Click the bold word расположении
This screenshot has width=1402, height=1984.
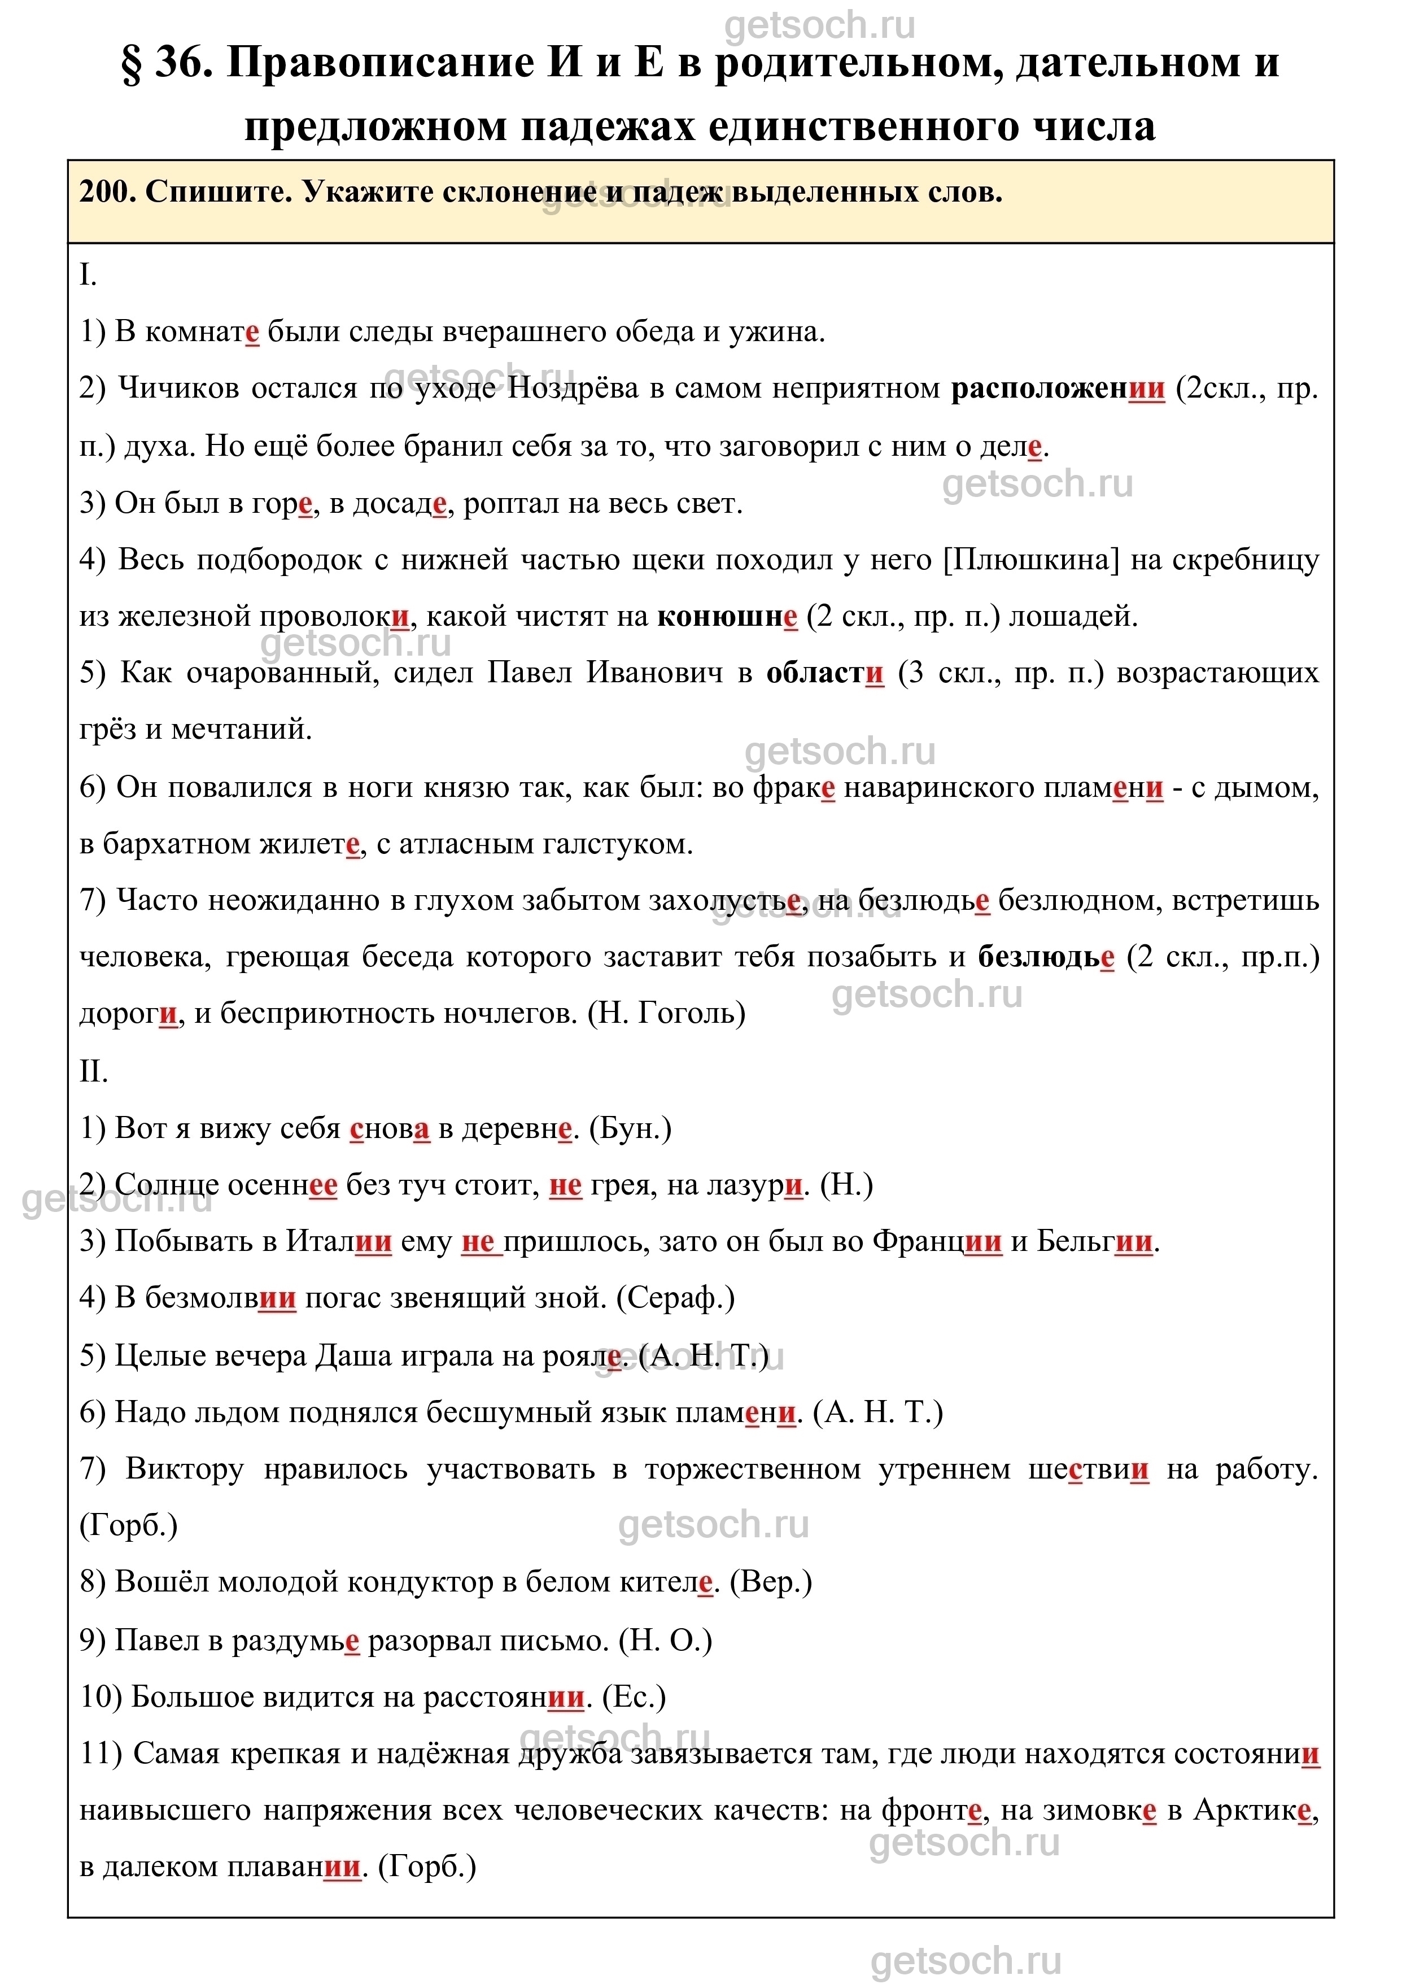1058,389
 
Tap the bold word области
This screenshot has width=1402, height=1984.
825,673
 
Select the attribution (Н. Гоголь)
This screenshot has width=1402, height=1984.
666,1013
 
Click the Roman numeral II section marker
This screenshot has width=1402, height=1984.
93,1071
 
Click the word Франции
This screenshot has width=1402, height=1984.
937,1242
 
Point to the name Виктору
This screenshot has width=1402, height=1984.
184,1469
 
